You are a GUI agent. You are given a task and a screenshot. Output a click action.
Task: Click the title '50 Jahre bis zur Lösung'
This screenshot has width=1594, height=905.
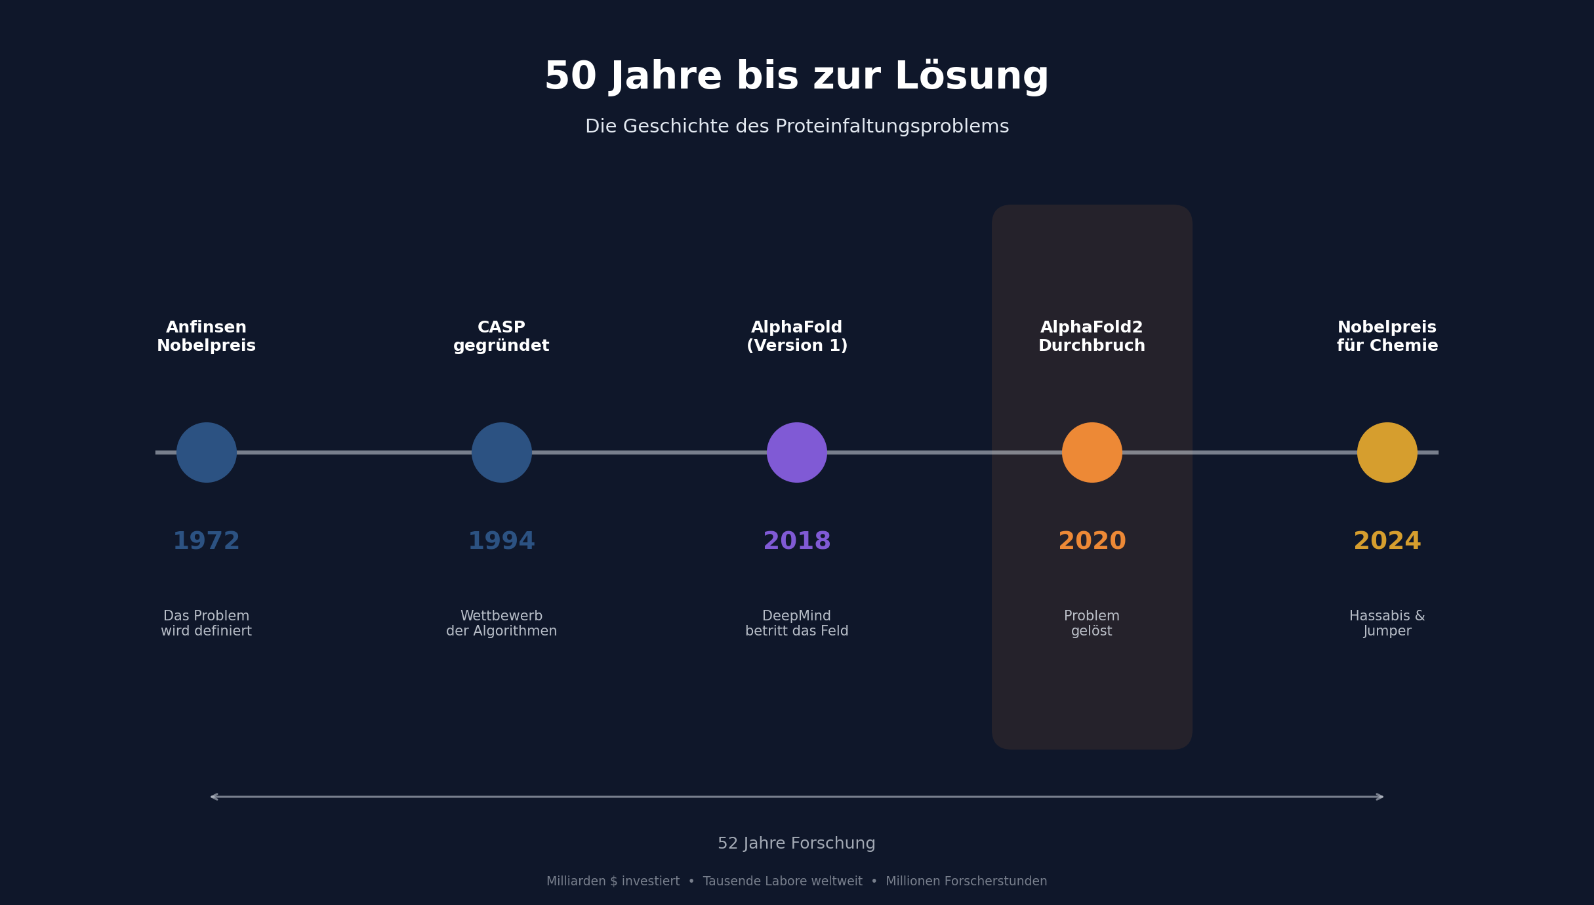point(796,77)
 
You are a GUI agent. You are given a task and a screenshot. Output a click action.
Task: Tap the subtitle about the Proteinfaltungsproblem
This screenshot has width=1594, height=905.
point(796,127)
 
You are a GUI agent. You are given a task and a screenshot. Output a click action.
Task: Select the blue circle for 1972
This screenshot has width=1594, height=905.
point(207,452)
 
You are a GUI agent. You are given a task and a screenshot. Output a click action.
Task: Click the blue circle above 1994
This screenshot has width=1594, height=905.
point(502,452)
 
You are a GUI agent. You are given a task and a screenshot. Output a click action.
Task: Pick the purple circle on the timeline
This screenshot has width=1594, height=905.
point(797,452)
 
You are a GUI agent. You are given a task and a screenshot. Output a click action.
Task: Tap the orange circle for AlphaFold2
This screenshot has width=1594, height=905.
point(1092,452)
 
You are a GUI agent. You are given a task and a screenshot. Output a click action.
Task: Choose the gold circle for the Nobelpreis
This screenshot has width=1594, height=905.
point(1387,452)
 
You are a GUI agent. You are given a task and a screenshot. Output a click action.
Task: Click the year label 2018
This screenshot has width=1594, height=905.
point(797,542)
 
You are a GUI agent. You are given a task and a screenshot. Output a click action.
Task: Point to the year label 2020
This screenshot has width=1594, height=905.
point(1092,542)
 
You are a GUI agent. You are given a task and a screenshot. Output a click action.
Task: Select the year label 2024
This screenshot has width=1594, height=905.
point(1387,542)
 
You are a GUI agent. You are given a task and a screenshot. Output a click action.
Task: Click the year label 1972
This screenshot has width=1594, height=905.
point(207,542)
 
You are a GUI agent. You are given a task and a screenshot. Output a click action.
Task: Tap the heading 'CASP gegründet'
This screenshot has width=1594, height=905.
point(502,336)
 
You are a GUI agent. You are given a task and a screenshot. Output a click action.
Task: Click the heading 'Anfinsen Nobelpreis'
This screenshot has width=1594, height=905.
point(207,336)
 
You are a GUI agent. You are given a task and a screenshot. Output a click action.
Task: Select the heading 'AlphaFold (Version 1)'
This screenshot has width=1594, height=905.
point(797,336)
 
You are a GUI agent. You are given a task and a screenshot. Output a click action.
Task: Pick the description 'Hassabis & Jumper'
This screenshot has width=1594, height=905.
point(1387,624)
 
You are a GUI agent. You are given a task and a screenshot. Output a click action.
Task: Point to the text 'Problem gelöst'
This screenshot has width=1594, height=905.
point(1092,624)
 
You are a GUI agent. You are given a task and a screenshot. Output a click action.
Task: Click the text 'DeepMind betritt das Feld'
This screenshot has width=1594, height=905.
point(797,624)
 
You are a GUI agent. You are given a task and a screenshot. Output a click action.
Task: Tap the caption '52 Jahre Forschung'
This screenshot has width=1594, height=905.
point(796,843)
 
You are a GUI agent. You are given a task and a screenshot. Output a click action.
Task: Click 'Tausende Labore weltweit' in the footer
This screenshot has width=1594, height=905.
point(783,881)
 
